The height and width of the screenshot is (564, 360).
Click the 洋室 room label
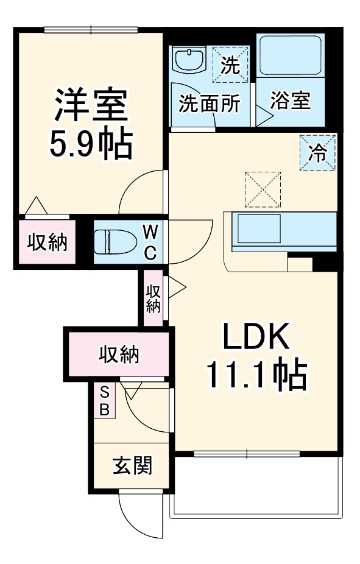(x=91, y=105)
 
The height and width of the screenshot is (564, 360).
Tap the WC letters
(x=150, y=242)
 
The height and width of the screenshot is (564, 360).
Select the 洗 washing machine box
(x=230, y=64)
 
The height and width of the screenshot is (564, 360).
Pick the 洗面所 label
(x=209, y=104)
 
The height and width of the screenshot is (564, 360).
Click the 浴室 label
(x=291, y=100)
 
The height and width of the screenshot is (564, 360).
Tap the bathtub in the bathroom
(x=290, y=55)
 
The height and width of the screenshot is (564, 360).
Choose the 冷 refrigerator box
(x=317, y=152)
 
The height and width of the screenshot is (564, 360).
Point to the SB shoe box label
(x=105, y=400)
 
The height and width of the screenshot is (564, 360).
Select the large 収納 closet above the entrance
(x=119, y=354)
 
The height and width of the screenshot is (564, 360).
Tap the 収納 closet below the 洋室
(x=47, y=242)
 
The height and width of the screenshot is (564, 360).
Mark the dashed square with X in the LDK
(x=263, y=189)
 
